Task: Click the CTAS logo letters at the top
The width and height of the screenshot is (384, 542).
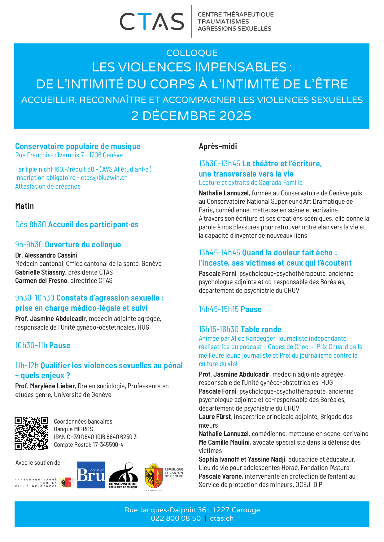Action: click(152, 22)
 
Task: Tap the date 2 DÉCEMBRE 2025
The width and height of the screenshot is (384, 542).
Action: click(191, 116)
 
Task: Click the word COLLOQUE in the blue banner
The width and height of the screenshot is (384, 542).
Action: click(192, 53)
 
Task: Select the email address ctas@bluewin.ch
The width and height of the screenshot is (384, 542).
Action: click(104, 178)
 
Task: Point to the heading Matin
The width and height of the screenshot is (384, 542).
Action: click(24, 206)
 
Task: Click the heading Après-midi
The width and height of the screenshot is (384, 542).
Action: click(218, 146)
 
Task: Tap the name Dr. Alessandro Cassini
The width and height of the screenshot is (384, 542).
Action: click(46, 255)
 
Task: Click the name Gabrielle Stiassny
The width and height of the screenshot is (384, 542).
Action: click(40, 272)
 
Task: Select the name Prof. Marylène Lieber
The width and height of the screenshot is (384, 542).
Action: click(45, 386)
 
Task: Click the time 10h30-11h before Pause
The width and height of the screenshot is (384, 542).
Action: click(31, 345)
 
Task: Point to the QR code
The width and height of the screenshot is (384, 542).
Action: click(31, 433)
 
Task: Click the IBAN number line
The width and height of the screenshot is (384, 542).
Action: click(95, 437)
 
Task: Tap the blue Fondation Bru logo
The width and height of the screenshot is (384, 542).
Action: click(91, 475)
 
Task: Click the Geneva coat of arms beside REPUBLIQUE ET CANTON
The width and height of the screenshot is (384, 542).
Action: click(154, 476)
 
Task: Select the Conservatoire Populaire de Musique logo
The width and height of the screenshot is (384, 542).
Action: click(123, 476)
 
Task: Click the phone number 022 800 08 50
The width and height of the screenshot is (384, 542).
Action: click(176, 519)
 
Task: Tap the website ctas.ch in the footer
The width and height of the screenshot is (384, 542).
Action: click(222, 519)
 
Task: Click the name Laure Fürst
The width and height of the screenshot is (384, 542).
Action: click(215, 417)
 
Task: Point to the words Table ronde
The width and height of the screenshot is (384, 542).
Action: click(261, 329)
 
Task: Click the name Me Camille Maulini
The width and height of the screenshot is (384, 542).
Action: click(224, 442)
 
